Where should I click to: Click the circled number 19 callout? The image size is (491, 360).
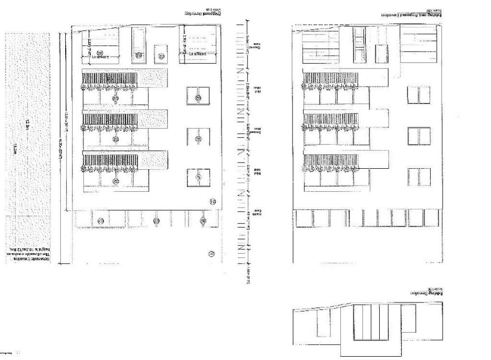pos(213,202)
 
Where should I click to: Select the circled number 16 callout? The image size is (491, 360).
pos(211,253)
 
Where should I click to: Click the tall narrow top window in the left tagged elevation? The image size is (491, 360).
pos(139,44)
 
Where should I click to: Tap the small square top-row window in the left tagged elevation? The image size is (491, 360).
pos(160,54)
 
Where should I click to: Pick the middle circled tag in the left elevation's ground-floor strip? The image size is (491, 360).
pos(156,221)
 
